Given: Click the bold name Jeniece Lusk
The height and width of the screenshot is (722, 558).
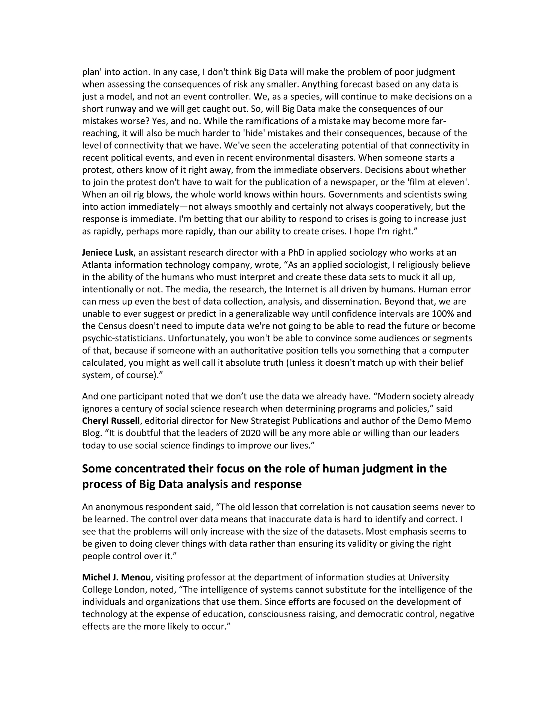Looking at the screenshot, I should (x=107, y=253).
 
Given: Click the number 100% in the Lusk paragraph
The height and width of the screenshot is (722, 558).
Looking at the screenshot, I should (x=443, y=314).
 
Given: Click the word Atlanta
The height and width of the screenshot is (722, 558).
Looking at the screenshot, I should (x=96, y=265).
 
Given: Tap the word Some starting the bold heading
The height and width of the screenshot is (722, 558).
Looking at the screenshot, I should (x=96, y=469).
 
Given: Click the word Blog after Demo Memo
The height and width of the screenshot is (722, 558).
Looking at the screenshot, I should (x=90, y=433).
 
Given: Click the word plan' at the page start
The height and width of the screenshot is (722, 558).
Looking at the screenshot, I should (x=92, y=72).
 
